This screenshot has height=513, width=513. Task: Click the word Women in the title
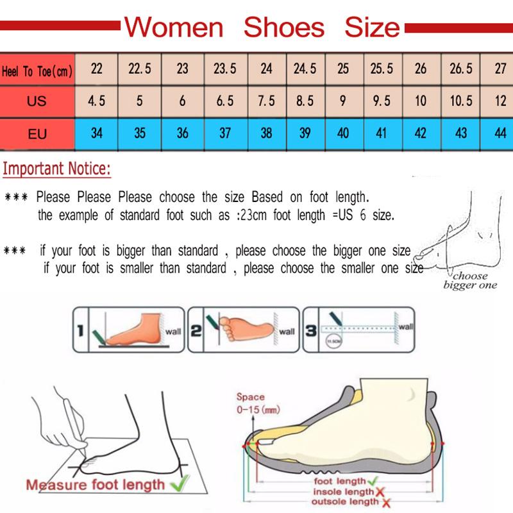pos(174,27)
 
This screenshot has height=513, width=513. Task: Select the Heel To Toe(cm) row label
pos(37,71)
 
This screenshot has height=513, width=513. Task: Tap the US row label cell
pos(37,101)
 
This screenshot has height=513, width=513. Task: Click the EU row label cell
pos(37,134)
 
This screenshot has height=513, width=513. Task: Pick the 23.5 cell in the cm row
pos(224,69)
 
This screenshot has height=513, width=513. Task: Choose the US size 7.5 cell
pos(266,101)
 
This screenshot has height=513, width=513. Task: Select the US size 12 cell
pos(500,101)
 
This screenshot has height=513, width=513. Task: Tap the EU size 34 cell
pos(97,133)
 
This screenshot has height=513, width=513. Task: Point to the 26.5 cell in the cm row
pos(460,69)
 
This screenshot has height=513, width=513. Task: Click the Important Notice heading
pos(56,170)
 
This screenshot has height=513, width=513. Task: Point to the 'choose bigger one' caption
pos(470,281)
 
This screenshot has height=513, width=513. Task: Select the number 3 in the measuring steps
pos(310,331)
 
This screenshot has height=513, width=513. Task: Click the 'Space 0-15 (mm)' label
pos(257,404)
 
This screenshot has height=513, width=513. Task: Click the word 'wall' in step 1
pos(173,332)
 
